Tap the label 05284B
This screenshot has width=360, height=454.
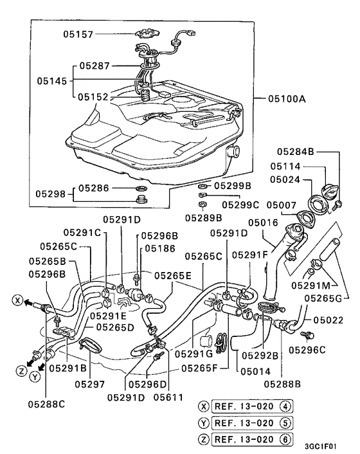coord(296,152)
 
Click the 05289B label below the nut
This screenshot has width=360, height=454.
coord(204,217)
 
